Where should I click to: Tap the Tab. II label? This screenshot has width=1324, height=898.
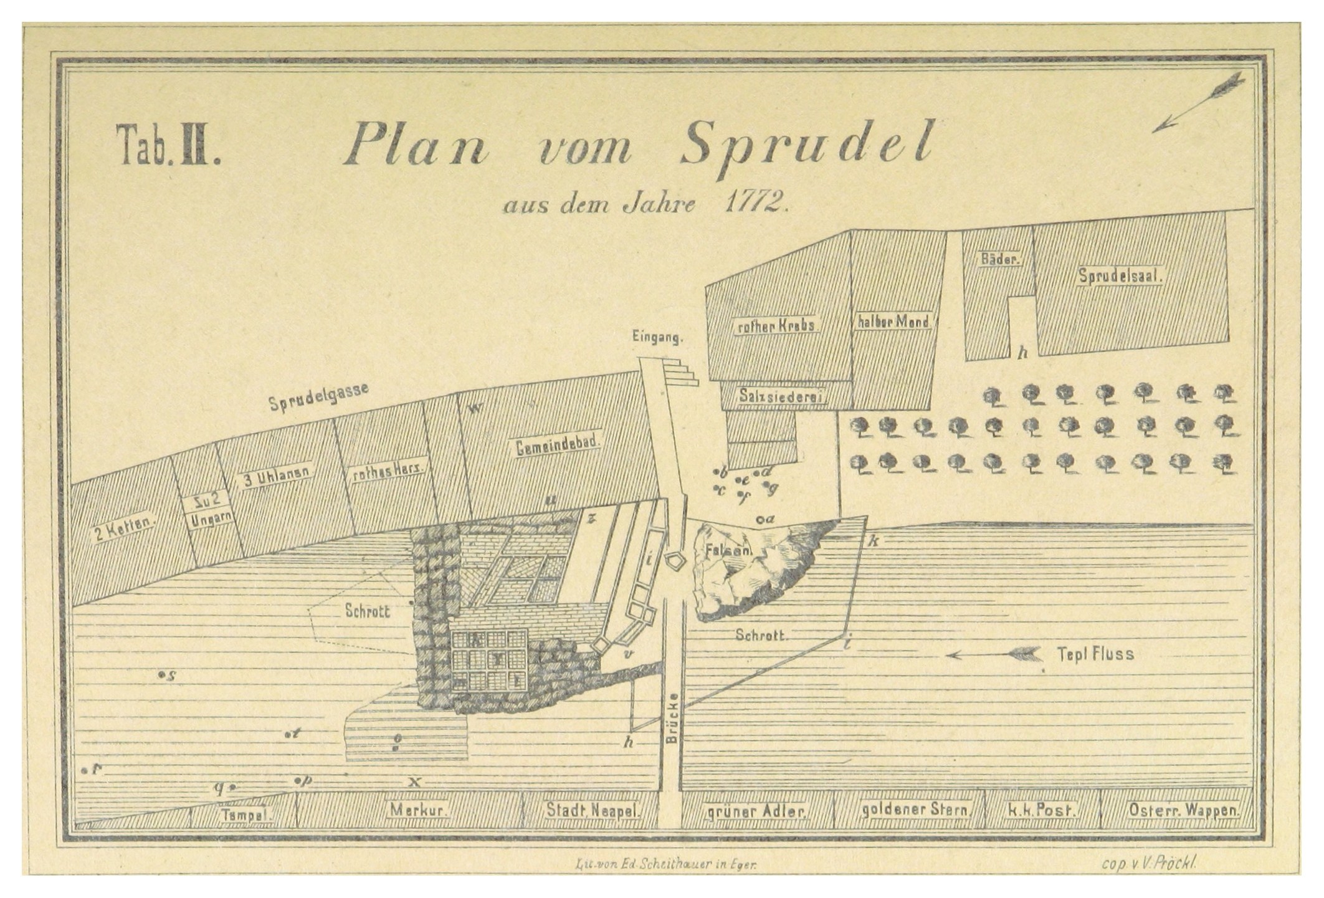(x=168, y=152)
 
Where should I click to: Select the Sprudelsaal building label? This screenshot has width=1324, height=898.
(x=1121, y=276)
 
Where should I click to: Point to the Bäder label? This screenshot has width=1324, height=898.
(x=999, y=260)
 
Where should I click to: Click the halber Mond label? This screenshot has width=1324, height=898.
(x=893, y=322)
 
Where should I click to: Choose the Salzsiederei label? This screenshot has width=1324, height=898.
(x=783, y=395)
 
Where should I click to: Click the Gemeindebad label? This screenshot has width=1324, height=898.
(x=558, y=445)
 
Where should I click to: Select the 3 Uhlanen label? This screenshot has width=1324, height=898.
(x=277, y=478)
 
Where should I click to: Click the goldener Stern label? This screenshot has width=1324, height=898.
(x=915, y=811)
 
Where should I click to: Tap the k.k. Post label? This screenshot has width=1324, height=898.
(x=1040, y=811)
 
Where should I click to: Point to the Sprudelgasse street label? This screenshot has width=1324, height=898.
(x=318, y=396)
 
